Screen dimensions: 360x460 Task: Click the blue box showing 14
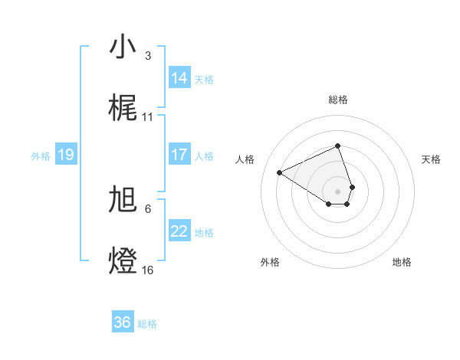(x=179, y=78)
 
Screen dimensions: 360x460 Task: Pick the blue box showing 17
(x=179, y=155)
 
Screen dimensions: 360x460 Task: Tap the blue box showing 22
(x=179, y=231)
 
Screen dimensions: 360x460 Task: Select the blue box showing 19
(x=65, y=155)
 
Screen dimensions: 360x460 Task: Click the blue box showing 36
(x=123, y=322)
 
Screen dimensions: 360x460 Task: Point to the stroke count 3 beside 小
(x=147, y=56)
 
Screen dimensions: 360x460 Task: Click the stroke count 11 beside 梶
(x=148, y=117)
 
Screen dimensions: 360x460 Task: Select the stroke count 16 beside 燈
(x=148, y=270)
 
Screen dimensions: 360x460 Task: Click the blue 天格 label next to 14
(x=204, y=79)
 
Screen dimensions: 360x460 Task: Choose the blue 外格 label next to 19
(x=41, y=155)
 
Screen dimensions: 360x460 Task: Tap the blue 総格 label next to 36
(x=147, y=323)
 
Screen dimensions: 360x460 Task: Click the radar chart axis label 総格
(x=337, y=100)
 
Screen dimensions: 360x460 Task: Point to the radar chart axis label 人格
(x=245, y=159)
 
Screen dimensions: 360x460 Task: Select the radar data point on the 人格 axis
(x=280, y=172)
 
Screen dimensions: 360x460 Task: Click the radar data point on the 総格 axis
(x=337, y=146)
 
